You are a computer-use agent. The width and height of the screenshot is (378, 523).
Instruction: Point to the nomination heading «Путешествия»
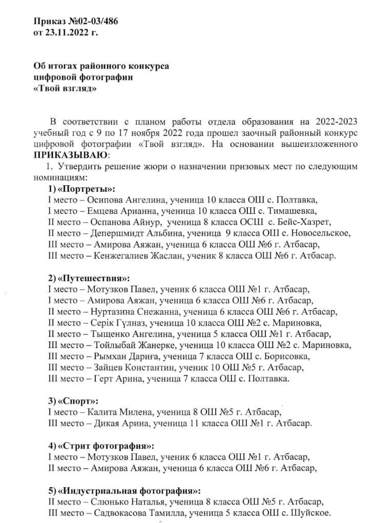[x=95, y=278]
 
